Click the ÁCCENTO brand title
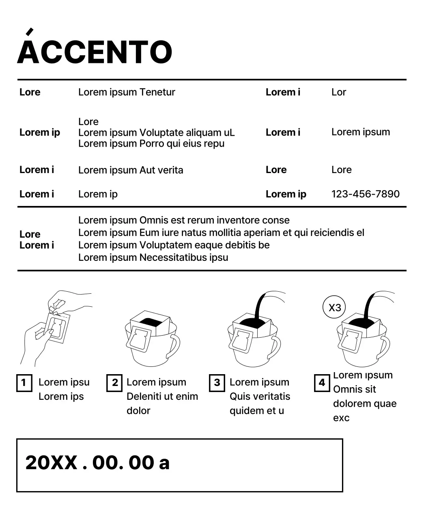(x=95, y=52)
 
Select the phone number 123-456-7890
(x=365, y=194)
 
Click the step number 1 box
(x=24, y=383)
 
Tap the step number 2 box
(x=114, y=383)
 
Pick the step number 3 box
(x=217, y=383)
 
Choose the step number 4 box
(x=322, y=383)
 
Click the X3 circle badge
(x=334, y=308)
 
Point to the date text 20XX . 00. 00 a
(x=97, y=463)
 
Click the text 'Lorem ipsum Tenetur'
(x=127, y=92)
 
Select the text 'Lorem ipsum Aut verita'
(x=131, y=170)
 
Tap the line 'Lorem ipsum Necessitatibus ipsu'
(x=153, y=258)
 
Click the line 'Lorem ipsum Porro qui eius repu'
(x=151, y=144)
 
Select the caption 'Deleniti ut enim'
(x=162, y=396)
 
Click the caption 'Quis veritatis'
(x=260, y=396)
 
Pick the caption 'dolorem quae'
(x=364, y=404)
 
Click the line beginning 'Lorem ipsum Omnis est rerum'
(x=184, y=221)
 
